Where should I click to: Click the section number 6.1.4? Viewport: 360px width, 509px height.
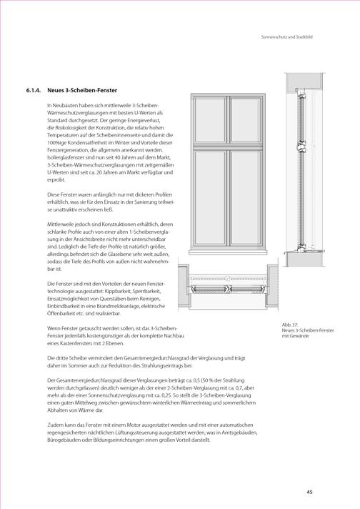click(x=34, y=91)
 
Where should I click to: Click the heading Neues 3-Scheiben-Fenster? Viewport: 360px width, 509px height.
click(x=82, y=91)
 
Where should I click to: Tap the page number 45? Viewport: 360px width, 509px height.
click(x=310, y=492)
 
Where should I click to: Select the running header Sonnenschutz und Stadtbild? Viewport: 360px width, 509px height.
click(x=287, y=37)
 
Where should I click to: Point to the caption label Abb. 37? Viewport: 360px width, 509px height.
click(x=290, y=325)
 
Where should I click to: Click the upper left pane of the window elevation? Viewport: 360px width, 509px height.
click(x=210, y=120)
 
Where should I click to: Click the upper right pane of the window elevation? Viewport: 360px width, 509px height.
click(x=246, y=120)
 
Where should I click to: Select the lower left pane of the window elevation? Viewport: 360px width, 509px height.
click(x=210, y=198)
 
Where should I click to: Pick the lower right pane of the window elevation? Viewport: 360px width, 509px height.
click(x=246, y=198)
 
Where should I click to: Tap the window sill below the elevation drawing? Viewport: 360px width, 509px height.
click(x=229, y=252)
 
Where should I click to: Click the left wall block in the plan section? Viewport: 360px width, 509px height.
click(x=184, y=285)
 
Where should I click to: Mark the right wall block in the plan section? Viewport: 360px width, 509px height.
click(x=272, y=285)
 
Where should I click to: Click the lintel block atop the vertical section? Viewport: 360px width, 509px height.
click(x=304, y=81)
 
